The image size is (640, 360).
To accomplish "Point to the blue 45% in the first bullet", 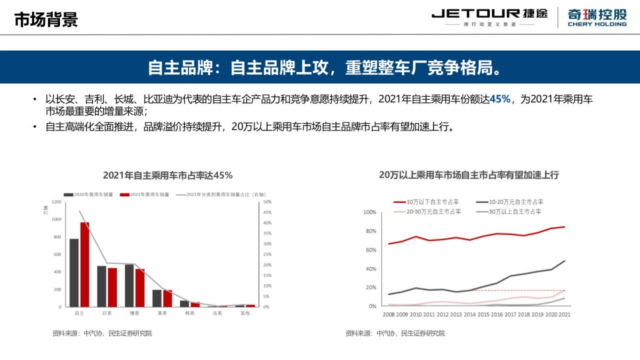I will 500,99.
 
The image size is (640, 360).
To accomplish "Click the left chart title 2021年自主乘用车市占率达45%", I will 167,175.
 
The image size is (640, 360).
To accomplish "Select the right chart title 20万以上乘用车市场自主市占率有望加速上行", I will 469,175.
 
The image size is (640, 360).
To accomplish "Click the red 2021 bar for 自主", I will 85,265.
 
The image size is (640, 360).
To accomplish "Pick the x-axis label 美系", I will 162,313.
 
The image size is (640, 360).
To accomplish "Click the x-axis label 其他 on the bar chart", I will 245,313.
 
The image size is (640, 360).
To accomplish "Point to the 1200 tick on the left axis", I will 57,202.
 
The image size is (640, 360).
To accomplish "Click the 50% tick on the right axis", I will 267,202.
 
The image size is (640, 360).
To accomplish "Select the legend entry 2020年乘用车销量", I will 89,195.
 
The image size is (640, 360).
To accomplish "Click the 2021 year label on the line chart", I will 564,315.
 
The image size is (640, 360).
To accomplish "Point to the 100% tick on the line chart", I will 370,212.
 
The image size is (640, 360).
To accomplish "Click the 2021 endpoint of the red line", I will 565,227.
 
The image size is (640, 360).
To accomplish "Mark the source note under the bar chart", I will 102,333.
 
